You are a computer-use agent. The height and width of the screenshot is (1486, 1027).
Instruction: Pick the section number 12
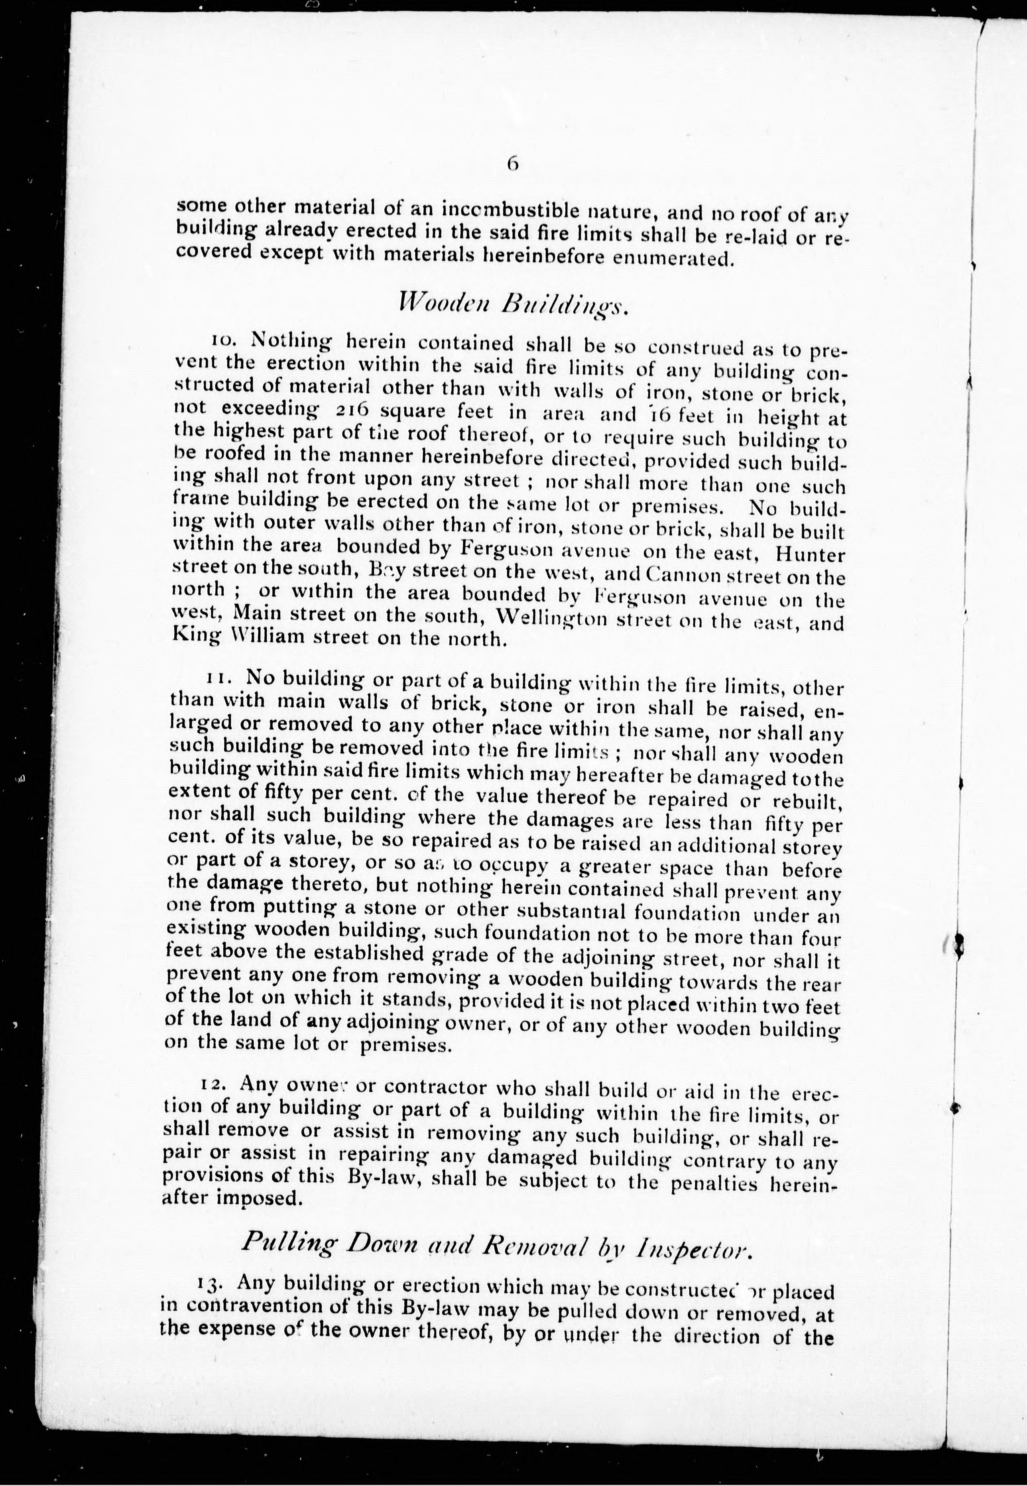coord(213,1084)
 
